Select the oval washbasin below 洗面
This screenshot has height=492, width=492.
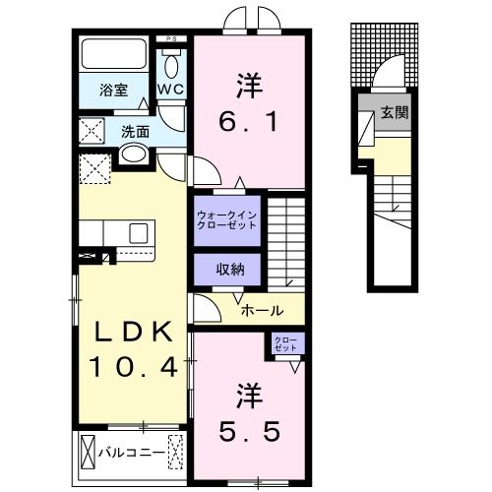point(134,154)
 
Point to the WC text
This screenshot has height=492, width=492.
point(171,90)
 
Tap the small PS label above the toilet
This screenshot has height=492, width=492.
point(171,40)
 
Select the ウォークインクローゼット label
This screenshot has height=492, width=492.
point(227,217)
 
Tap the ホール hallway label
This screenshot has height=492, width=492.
point(263,310)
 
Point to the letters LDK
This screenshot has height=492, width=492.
point(133,331)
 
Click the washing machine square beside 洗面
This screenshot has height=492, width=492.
point(93,131)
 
